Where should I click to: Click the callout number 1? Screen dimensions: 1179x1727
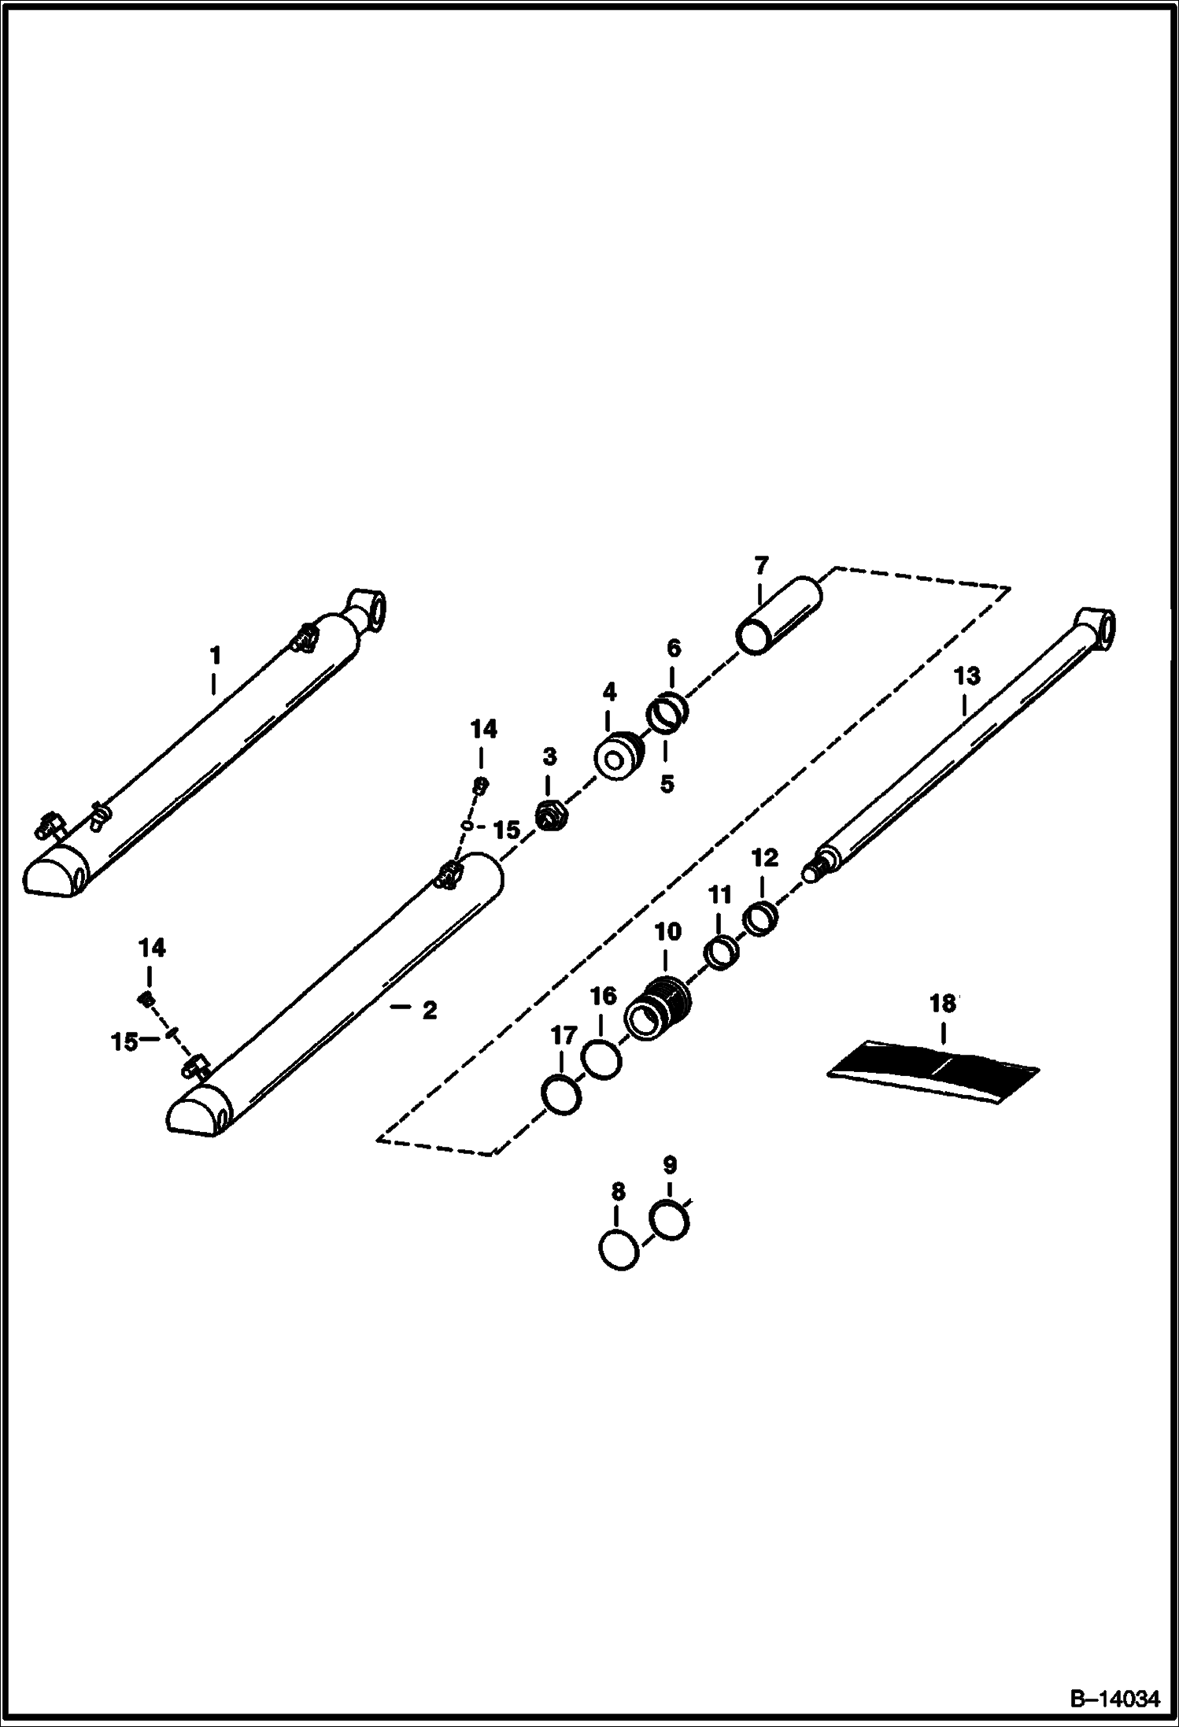[214, 656]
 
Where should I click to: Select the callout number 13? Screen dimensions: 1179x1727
[967, 676]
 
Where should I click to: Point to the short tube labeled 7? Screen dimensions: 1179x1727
[778, 616]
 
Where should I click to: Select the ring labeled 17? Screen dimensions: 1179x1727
[562, 1095]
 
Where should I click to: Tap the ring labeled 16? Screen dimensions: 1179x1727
[601, 1059]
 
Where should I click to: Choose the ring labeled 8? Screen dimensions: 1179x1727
[619, 1248]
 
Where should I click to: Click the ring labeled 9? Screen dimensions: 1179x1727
[670, 1220]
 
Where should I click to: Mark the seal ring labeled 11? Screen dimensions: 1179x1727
[721, 953]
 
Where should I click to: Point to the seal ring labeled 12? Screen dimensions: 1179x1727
[762, 919]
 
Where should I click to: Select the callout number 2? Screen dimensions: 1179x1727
[429, 1010]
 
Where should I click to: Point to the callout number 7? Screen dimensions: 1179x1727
[761, 566]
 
